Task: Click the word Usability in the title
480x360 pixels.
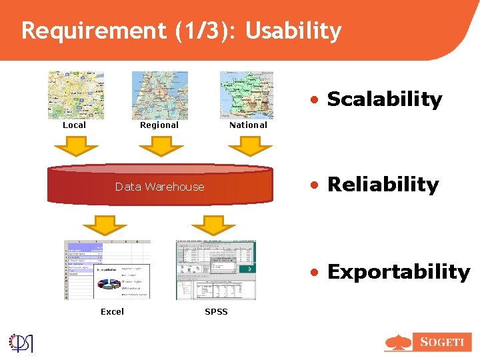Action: tap(293, 31)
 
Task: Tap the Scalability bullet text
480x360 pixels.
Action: tap(384, 99)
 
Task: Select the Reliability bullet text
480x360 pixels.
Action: tap(383, 185)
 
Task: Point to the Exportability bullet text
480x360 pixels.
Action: tap(398, 272)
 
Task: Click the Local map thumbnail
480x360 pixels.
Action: tap(76, 95)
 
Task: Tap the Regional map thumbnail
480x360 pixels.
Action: tap(160, 95)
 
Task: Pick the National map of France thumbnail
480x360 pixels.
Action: tap(247, 95)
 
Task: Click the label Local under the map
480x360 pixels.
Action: tap(74, 125)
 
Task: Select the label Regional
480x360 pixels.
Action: tap(159, 125)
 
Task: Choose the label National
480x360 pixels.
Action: tap(248, 125)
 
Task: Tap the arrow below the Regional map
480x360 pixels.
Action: tap(160, 146)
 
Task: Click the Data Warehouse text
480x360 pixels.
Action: tap(160, 187)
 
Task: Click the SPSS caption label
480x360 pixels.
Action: tap(216, 311)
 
